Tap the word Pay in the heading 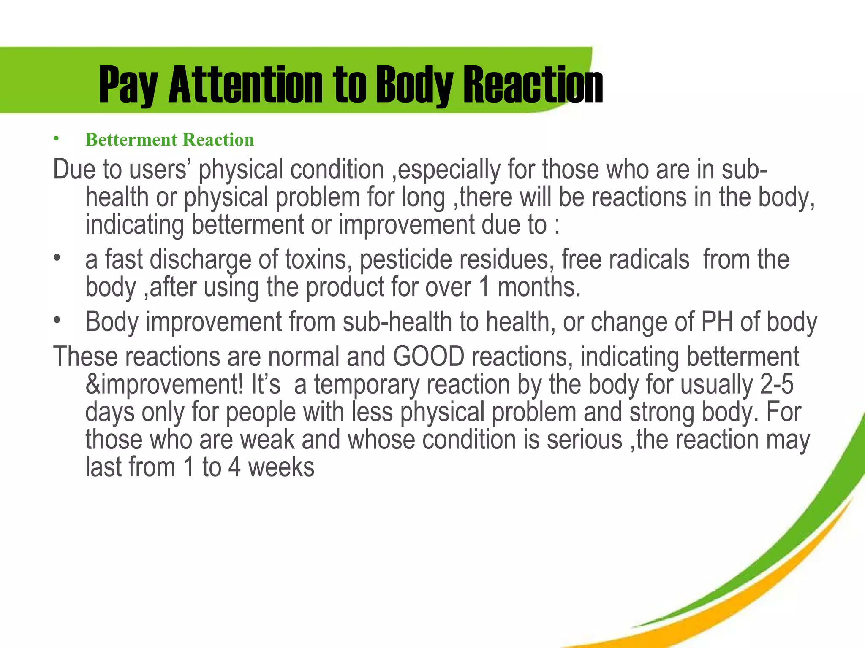tap(128, 86)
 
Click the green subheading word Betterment tap(131, 140)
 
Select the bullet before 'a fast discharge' tap(57, 257)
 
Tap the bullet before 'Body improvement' tap(57, 320)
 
